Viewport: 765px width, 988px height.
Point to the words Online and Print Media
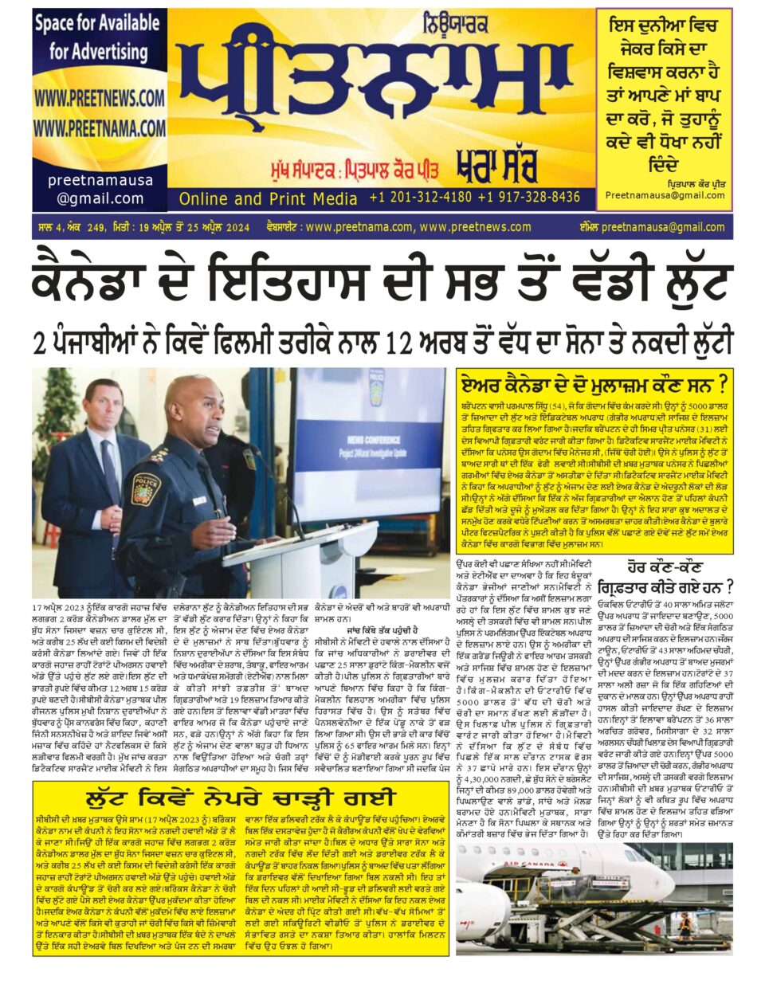tap(268, 198)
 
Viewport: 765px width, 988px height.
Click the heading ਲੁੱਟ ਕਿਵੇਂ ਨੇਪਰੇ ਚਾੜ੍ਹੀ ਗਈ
tap(240, 798)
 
